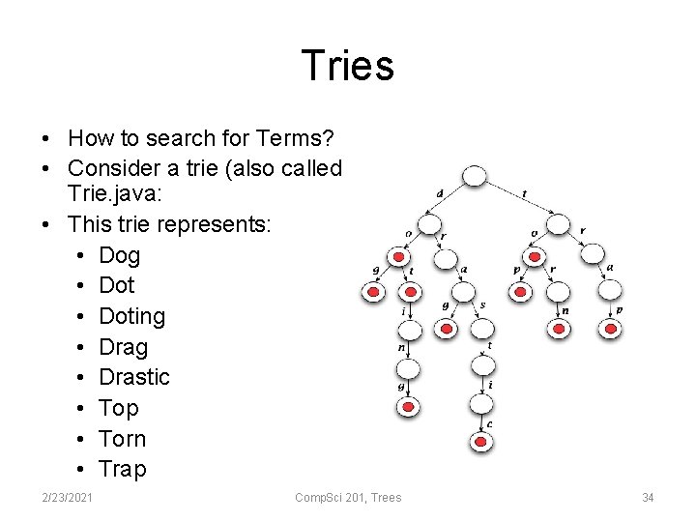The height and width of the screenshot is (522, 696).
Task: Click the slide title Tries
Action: point(347,66)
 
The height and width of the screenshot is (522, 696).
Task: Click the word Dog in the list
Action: point(120,255)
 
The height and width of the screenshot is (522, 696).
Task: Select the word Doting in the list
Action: point(131,316)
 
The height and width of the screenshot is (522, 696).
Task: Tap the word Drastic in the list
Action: point(134,377)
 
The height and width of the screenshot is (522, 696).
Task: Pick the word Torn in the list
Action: point(122,438)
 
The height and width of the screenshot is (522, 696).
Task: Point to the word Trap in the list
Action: point(123,469)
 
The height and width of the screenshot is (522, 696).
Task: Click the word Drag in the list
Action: point(123,346)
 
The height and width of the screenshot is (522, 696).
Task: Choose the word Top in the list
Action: point(119,408)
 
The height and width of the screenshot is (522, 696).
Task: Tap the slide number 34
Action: point(648,498)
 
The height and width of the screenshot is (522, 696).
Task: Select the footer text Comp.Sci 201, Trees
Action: point(348,498)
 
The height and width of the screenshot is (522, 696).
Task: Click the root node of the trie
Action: point(475,176)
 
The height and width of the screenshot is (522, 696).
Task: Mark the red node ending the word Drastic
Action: point(480,443)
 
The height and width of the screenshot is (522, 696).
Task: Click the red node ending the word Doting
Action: point(408,407)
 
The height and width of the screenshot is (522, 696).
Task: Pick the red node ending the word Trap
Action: point(609,329)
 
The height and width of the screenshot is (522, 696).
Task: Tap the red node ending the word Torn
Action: point(559,329)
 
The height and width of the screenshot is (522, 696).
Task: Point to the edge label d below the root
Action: point(440,194)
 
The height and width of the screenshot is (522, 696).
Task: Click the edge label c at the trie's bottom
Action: point(489,423)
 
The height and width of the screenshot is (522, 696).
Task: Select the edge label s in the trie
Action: point(482,305)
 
